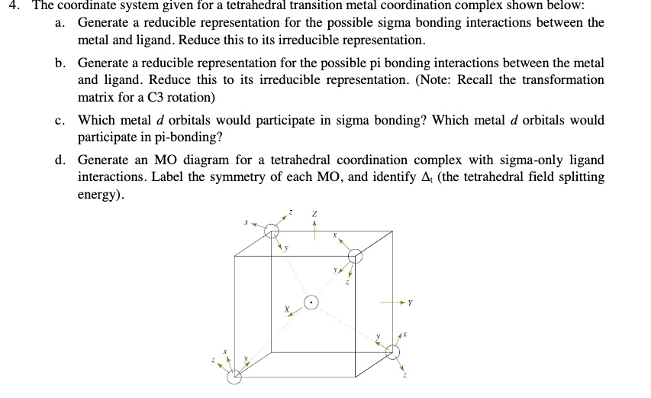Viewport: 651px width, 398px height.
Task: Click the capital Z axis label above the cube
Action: point(314,212)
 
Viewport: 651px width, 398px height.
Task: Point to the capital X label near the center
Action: point(287,309)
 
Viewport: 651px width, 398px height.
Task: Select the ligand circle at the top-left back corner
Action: point(272,233)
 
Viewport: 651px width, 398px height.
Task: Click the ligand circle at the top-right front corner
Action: point(353,255)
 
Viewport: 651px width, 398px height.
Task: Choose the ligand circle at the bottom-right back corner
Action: point(392,351)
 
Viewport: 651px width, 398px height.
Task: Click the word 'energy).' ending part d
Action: point(100,194)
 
